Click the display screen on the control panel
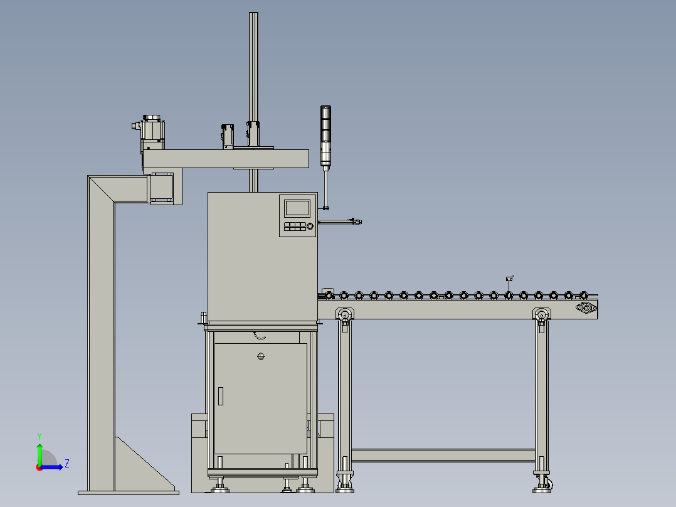coord(297,208)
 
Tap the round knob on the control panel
coord(310,226)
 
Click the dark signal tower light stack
coord(325,135)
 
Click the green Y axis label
coord(39,435)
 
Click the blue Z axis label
coord(66,464)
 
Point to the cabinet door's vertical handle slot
coord(221,396)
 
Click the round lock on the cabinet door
coord(261,357)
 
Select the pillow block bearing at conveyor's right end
coord(586,307)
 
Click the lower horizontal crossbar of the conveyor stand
coord(443,456)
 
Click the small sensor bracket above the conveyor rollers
coord(509,278)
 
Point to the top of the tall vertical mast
coord(253,15)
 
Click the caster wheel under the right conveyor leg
coord(549,484)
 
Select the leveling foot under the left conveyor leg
coord(344,484)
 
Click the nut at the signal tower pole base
coord(326,207)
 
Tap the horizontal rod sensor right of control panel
coord(342,221)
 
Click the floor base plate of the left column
coord(128,492)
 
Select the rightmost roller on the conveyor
coord(583,294)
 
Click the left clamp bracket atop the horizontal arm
coord(227,136)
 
